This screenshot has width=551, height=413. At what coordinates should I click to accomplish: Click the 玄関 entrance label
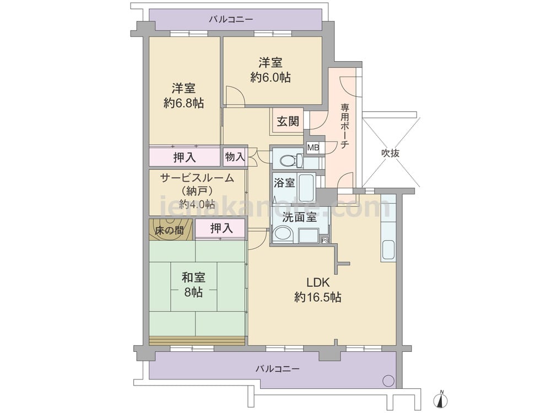[x=288, y=121]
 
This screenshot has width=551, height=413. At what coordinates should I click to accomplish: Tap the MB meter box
[x=313, y=148]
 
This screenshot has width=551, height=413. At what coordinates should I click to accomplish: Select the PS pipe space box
[x=325, y=241]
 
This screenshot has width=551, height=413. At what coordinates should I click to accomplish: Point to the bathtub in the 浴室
[x=306, y=188]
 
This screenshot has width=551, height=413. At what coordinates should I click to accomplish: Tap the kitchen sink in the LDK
[x=388, y=250]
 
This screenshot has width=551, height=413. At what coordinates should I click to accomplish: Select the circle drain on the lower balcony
[x=388, y=381]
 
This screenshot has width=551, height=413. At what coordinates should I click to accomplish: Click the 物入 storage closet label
[x=234, y=156]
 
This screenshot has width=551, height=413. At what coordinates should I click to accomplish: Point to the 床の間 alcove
[x=170, y=230]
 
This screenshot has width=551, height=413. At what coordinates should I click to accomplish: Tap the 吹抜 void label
[x=390, y=153]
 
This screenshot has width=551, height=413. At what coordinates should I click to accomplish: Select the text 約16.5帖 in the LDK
[x=318, y=297]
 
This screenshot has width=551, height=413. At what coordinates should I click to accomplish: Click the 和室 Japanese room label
[x=193, y=278]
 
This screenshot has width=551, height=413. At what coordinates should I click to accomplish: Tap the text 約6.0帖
[x=271, y=77]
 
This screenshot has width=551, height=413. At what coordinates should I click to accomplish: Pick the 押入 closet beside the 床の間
[x=220, y=229]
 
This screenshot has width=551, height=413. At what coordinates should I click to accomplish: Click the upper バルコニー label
[x=231, y=19]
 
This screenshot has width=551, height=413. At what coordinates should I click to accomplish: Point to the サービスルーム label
[x=197, y=178]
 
